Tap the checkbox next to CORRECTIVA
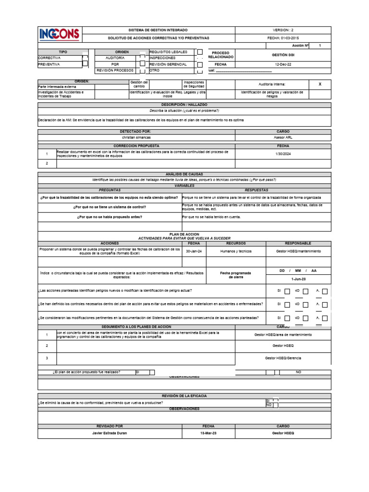(85, 57)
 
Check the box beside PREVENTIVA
(85, 63)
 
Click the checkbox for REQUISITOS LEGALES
(200, 52)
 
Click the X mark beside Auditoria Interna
(320, 84)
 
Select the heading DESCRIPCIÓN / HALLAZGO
(184, 104)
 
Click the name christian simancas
(136, 137)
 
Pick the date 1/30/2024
(283, 154)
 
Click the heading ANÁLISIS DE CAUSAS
(184, 174)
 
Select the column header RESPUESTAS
(256, 190)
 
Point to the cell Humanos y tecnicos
(236, 251)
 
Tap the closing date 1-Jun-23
(298, 279)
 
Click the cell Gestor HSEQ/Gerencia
(283, 358)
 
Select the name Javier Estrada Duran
(110, 433)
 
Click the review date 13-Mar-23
(209, 433)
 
